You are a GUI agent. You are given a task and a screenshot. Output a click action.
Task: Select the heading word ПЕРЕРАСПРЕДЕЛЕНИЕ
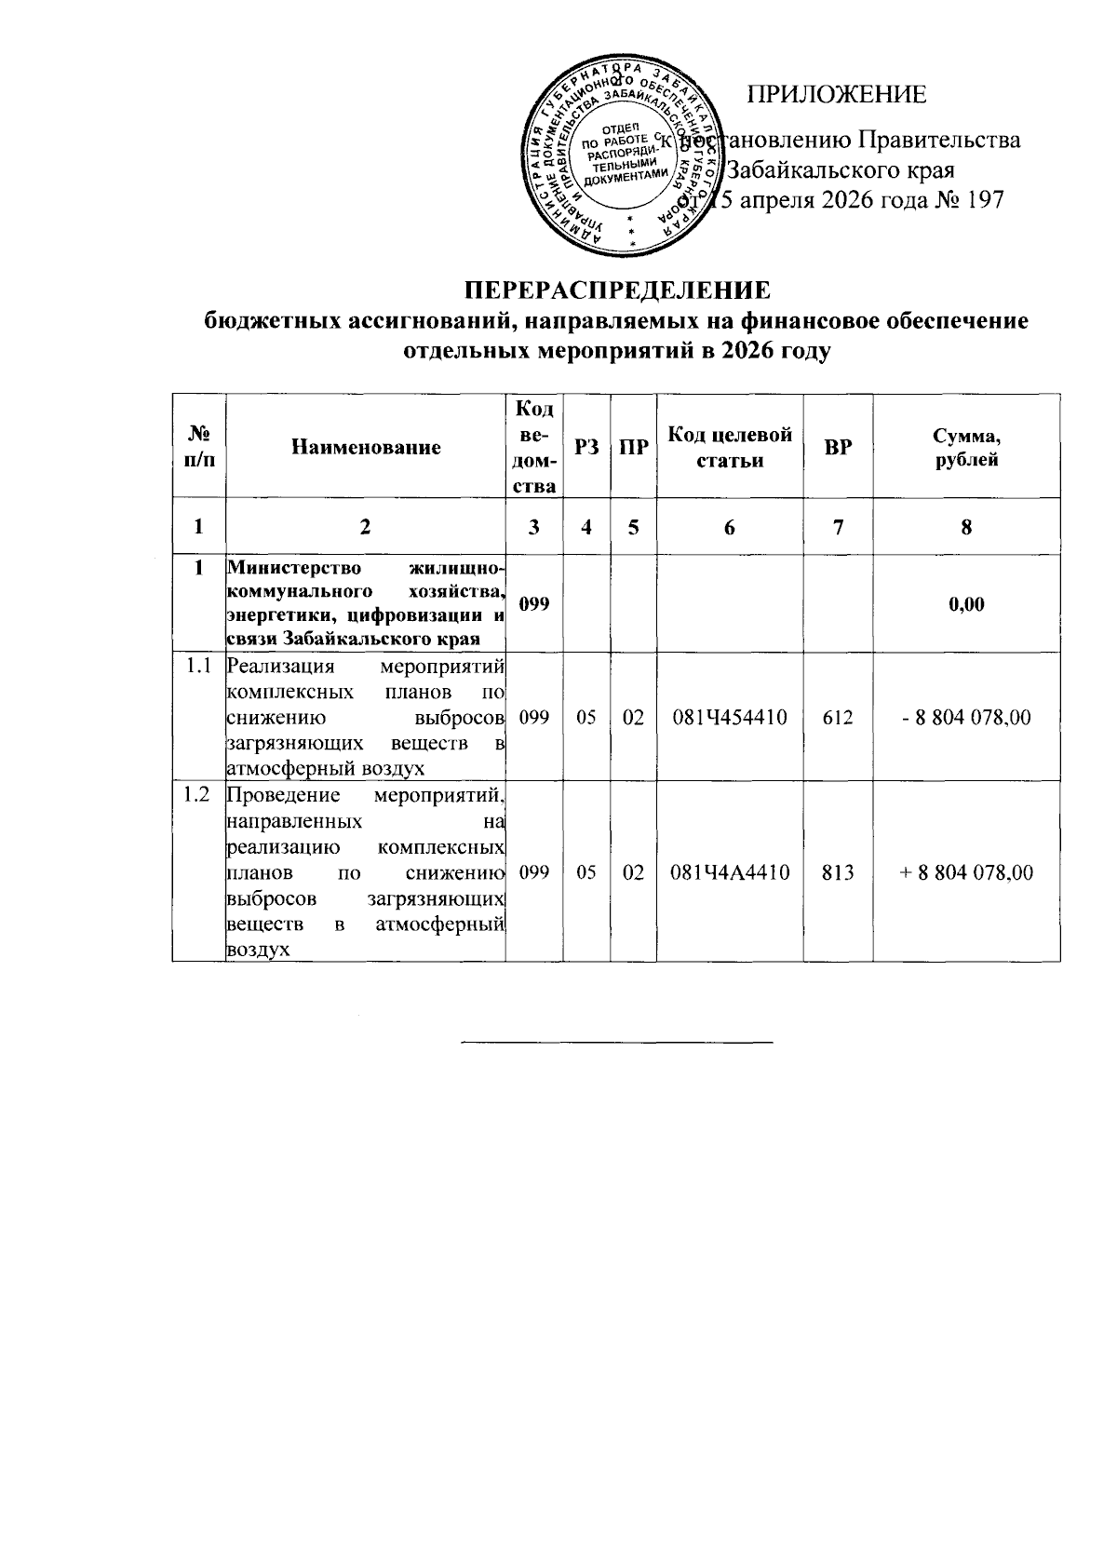click(618, 290)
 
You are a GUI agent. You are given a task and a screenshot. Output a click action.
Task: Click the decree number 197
click(985, 200)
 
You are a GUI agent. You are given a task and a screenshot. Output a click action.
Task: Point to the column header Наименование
click(366, 447)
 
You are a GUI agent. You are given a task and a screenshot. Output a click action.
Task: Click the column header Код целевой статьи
click(730, 447)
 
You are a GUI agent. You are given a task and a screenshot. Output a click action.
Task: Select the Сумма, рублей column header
click(966, 447)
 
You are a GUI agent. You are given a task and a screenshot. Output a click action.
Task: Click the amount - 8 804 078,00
click(966, 718)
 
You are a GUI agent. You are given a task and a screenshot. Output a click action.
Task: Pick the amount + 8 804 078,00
click(966, 873)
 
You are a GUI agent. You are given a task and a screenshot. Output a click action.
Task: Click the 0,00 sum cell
click(966, 604)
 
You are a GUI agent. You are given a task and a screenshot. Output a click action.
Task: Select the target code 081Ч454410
click(730, 718)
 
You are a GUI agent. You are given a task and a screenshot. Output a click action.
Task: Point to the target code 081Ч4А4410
click(730, 873)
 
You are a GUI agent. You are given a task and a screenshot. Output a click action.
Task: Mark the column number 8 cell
click(966, 527)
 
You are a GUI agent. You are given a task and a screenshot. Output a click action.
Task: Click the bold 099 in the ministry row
click(534, 604)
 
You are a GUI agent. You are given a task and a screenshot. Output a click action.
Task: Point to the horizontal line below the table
click(618, 1040)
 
